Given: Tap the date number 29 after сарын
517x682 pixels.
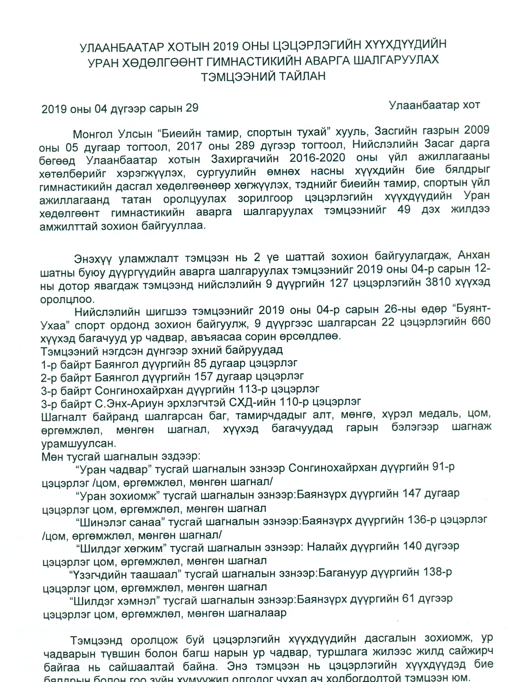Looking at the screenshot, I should (x=191, y=108).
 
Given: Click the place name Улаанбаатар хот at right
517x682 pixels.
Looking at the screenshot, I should (x=434, y=105).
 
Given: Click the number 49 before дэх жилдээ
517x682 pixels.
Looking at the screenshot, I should (x=404, y=210).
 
